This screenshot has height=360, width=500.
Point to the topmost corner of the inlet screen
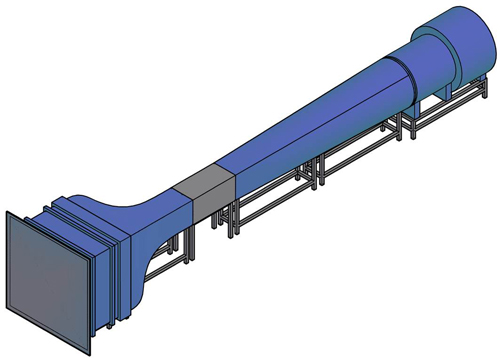coord(9,212)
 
